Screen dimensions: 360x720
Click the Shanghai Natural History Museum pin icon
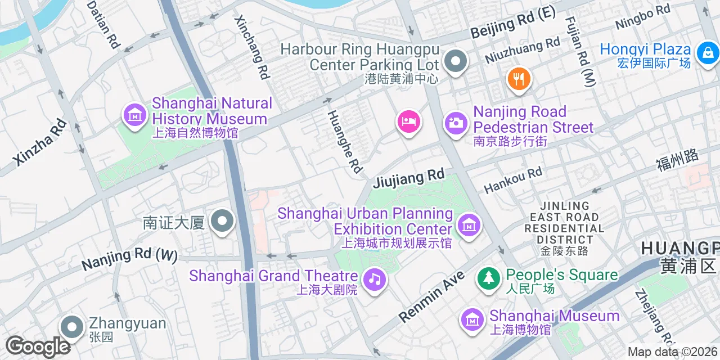pyautogui.click(x=134, y=115)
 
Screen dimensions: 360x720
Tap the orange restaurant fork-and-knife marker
pyautogui.click(x=519, y=79)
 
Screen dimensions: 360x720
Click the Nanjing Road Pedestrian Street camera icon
pyautogui.click(x=456, y=122)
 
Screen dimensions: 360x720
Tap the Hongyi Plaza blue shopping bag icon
pyautogui.click(x=707, y=54)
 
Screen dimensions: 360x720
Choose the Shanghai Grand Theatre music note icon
pyautogui.click(x=374, y=279)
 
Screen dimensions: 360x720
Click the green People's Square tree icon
pyautogui.click(x=489, y=278)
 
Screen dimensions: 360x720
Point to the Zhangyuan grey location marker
pyautogui.click(x=72, y=327)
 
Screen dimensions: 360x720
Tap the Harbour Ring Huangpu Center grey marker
pyautogui.click(x=455, y=61)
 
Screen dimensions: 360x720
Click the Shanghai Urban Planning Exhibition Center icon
pyautogui.click(x=469, y=226)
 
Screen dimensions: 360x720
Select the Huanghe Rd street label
pyautogui.click(x=344, y=141)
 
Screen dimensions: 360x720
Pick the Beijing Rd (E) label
pyautogui.click(x=512, y=23)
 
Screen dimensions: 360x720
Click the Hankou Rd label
pyautogui.click(x=512, y=179)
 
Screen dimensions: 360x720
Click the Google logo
pyautogui.click(x=37, y=346)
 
